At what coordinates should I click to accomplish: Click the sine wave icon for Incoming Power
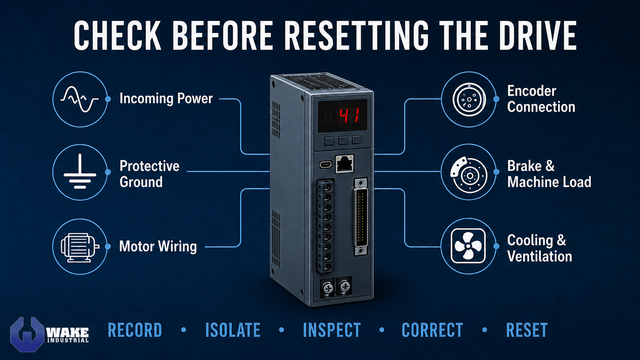coord(80,99)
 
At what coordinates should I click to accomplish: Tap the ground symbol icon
coord(80,171)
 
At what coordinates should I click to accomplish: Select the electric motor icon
coord(80,247)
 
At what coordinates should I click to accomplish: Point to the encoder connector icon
coord(469,99)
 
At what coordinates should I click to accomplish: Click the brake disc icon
coord(469,174)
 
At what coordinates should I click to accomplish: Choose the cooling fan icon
coord(468,246)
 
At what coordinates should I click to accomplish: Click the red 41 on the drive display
coord(349,115)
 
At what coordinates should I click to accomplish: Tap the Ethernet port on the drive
coord(344,164)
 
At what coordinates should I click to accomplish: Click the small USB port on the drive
coord(326,165)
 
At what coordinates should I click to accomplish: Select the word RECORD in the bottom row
coord(135,330)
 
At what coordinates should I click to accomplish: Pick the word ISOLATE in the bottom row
coord(233,330)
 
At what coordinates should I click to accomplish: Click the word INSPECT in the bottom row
coord(332,330)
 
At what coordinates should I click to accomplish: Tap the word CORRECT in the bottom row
coord(432,330)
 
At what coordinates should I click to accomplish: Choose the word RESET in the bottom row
coord(527,330)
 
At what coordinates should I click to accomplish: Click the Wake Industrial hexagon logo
coord(28,334)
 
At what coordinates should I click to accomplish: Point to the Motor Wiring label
coord(158,246)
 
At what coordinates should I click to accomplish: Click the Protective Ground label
coord(149,174)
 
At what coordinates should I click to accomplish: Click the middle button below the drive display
coord(343,140)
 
